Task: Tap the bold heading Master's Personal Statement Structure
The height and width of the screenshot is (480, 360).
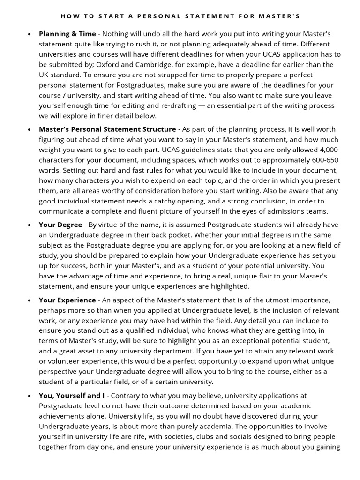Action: (107, 129)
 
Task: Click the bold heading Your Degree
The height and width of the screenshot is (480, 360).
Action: (60, 225)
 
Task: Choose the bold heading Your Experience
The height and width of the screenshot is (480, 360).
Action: (67, 300)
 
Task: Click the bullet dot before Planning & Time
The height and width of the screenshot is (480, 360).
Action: (30, 34)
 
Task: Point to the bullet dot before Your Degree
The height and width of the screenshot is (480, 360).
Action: (30, 225)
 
